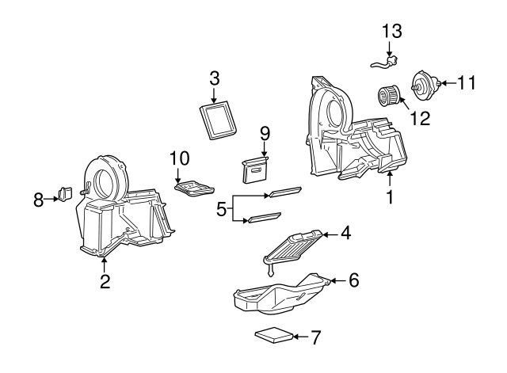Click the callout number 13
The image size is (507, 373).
(x=391, y=32)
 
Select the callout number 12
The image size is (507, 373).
(x=419, y=119)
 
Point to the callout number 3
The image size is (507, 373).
(x=214, y=78)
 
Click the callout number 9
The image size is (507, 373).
(x=265, y=132)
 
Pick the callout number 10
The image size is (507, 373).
(x=178, y=158)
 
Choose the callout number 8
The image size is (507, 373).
(x=38, y=200)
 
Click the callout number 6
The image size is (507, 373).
(x=353, y=280)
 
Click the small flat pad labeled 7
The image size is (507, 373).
(x=273, y=336)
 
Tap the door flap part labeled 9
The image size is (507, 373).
(x=255, y=169)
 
